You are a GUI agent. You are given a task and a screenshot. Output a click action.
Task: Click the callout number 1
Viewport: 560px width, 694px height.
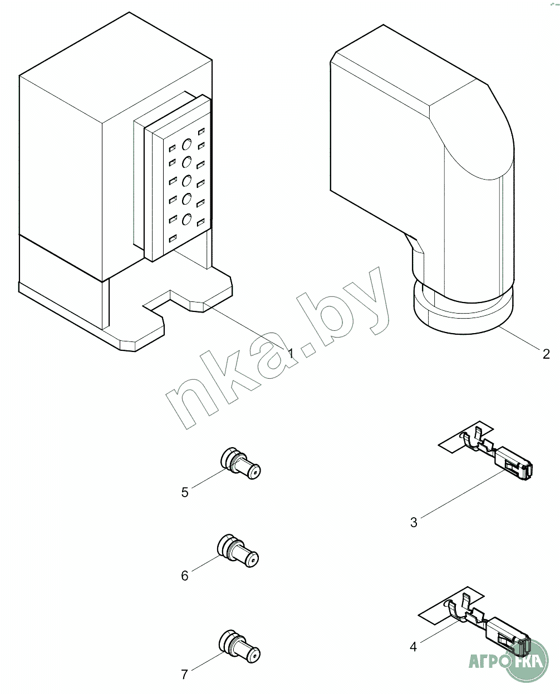click(x=291, y=354)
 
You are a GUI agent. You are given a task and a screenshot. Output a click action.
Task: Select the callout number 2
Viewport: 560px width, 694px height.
click(x=546, y=354)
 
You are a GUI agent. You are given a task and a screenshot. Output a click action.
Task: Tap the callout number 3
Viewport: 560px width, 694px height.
click(x=414, y=522)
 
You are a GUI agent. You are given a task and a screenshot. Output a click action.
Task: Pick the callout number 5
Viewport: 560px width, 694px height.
click(x=185, y=493)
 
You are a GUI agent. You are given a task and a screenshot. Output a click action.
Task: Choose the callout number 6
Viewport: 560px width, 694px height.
click(x=185, y=576)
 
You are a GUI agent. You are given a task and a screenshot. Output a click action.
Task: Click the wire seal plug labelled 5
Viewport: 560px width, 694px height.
click(x=240, y=463)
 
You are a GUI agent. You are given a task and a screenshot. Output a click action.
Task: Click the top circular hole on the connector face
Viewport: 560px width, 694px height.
click(x=186, y=144)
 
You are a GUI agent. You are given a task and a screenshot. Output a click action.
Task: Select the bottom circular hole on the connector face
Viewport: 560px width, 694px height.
click(x=186, y=219)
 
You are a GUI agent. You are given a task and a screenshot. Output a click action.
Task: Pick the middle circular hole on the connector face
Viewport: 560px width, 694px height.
click(x=186, y=181)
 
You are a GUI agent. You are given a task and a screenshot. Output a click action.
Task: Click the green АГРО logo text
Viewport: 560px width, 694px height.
click(x=488, y=663)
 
